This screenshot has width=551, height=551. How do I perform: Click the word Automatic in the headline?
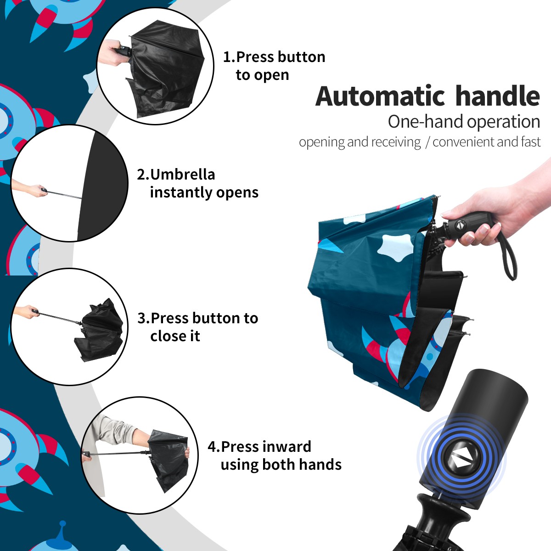(x=380, y=96)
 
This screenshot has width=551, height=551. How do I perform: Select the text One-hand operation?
(x=464, y=122)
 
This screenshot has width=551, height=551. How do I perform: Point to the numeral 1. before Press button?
(x=229, y=57)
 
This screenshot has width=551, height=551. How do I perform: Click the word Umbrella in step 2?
(x=182, y=174)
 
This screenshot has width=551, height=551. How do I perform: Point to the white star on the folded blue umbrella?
(x=395, y=245)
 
